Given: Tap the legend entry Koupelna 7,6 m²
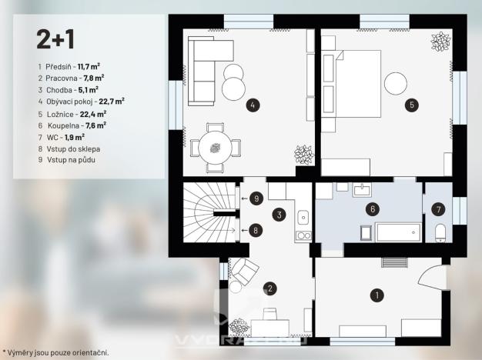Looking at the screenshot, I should (76, 124).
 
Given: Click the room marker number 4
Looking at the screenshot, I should (251, 104).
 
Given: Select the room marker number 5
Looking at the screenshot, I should (412, 104).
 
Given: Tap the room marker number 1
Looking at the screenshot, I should (377, 294).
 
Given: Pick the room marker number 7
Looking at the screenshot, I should (437, 208).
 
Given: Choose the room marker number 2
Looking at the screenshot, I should (269, 288).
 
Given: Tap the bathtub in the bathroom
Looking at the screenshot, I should (397, 234).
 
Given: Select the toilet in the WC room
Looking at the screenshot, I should (440, 233).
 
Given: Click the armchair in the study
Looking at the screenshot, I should (245, 271).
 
